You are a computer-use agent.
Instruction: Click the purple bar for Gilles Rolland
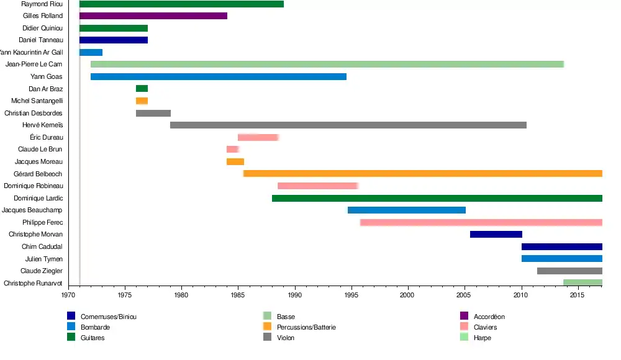153,16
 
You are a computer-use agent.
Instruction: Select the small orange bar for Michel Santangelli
142,101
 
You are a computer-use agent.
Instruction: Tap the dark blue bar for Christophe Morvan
496,235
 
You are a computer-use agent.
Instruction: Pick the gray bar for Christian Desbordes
153,114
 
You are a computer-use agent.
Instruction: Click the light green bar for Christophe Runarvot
582,283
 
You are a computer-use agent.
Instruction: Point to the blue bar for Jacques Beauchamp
407,210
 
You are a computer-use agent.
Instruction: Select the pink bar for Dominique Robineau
317,186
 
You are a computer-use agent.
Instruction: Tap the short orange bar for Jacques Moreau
235,162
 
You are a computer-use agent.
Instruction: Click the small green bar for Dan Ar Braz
142,89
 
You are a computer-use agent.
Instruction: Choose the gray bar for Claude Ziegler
569,271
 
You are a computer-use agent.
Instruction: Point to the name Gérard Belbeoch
38,174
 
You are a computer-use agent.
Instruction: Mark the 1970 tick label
68,296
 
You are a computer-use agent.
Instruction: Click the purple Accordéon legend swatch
463,317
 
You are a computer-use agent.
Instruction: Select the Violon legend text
286,338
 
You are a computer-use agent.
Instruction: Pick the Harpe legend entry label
482,338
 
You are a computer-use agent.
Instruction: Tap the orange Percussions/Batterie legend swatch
267,327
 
